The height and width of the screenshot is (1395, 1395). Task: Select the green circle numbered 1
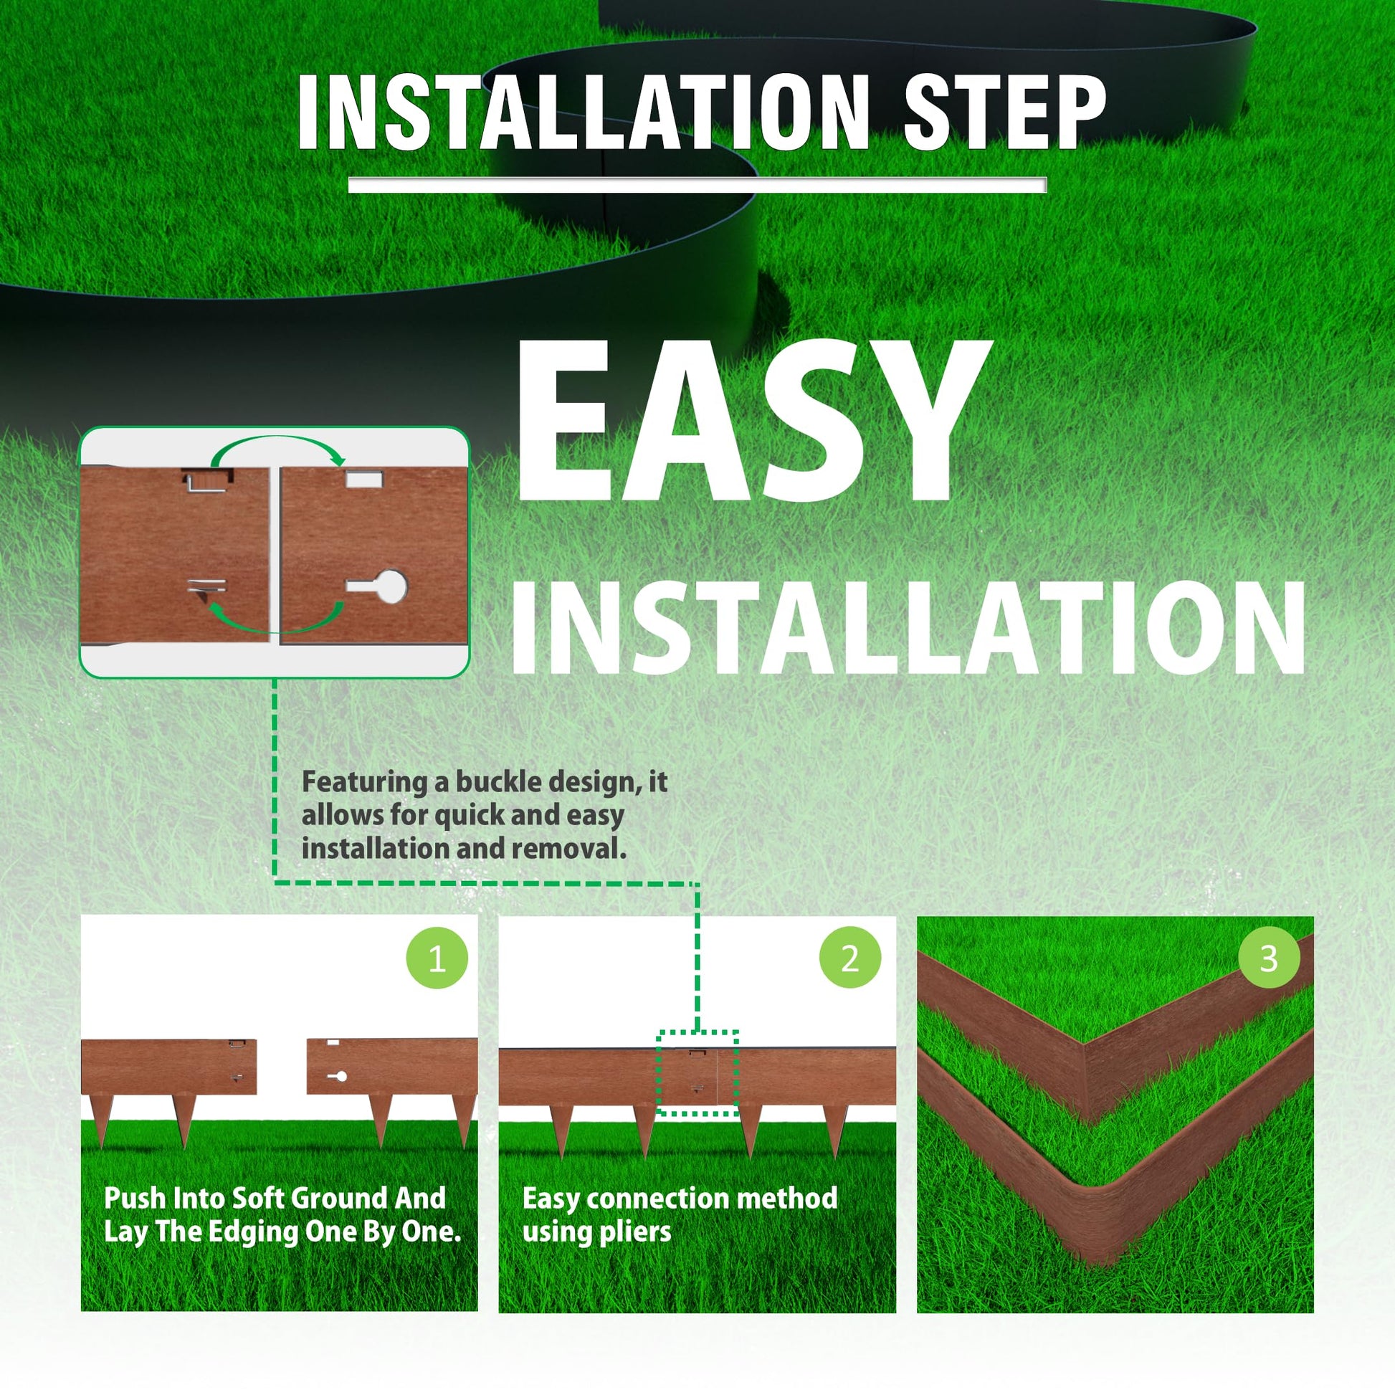pos(437,958)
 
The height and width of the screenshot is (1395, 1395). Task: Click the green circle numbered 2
pos(850,958)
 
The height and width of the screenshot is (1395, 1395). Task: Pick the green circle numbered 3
pos(1269,958)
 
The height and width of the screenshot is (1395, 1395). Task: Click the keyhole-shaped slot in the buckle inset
pos(377,586)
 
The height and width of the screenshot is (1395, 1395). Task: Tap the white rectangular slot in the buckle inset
pos(364,479)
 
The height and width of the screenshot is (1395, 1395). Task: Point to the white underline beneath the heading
pos(697,185)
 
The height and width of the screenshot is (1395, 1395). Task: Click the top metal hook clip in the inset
pos(208,480)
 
